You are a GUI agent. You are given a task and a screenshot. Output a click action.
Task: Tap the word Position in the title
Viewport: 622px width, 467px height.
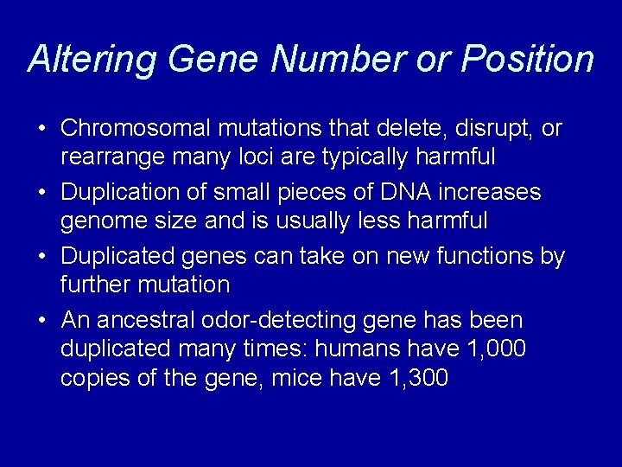click(x=527, y=59)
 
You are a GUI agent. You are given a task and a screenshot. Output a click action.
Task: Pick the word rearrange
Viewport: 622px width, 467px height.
click(x=105, y=157)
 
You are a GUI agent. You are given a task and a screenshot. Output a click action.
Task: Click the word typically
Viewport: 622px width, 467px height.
click(x=345, y=157)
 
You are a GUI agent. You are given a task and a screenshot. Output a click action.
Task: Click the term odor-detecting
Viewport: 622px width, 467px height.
click(x=283, y=321)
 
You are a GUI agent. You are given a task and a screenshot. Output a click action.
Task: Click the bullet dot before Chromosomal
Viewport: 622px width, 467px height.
click(x=41, y=130)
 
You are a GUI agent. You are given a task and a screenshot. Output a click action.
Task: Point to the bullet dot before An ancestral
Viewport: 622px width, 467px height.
click(x=41, y=321)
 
